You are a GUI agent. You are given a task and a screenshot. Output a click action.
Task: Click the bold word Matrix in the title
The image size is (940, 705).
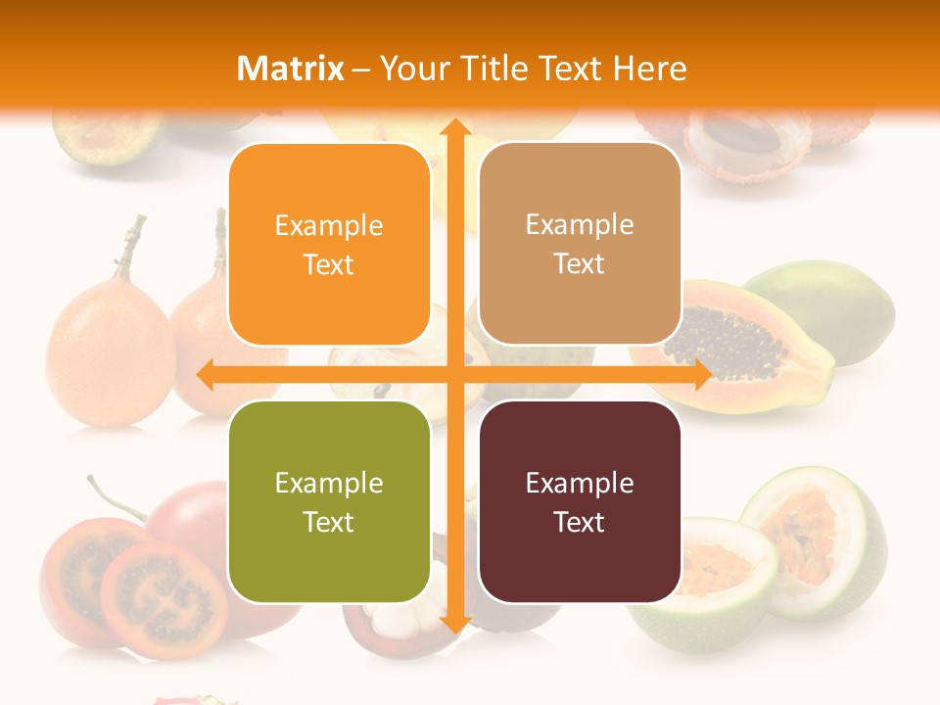[291, 69]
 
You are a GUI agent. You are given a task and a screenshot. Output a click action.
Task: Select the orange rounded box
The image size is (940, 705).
[329, 244]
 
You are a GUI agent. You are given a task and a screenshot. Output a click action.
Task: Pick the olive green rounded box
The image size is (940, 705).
[329, 501]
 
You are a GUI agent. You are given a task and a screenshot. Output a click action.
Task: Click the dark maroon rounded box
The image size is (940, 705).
[579, 501]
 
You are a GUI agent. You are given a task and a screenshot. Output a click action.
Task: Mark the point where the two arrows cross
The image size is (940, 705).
[454, 374]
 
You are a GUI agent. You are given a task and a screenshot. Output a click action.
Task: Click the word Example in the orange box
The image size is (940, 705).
[329, 226]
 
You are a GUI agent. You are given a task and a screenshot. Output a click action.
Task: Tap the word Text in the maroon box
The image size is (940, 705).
[579, 522]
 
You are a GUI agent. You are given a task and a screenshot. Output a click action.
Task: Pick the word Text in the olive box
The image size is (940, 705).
[329, 522]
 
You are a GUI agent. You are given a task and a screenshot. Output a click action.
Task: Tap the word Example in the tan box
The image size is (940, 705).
[579, 224]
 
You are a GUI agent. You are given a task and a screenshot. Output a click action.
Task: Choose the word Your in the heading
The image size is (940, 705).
[413, 69]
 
